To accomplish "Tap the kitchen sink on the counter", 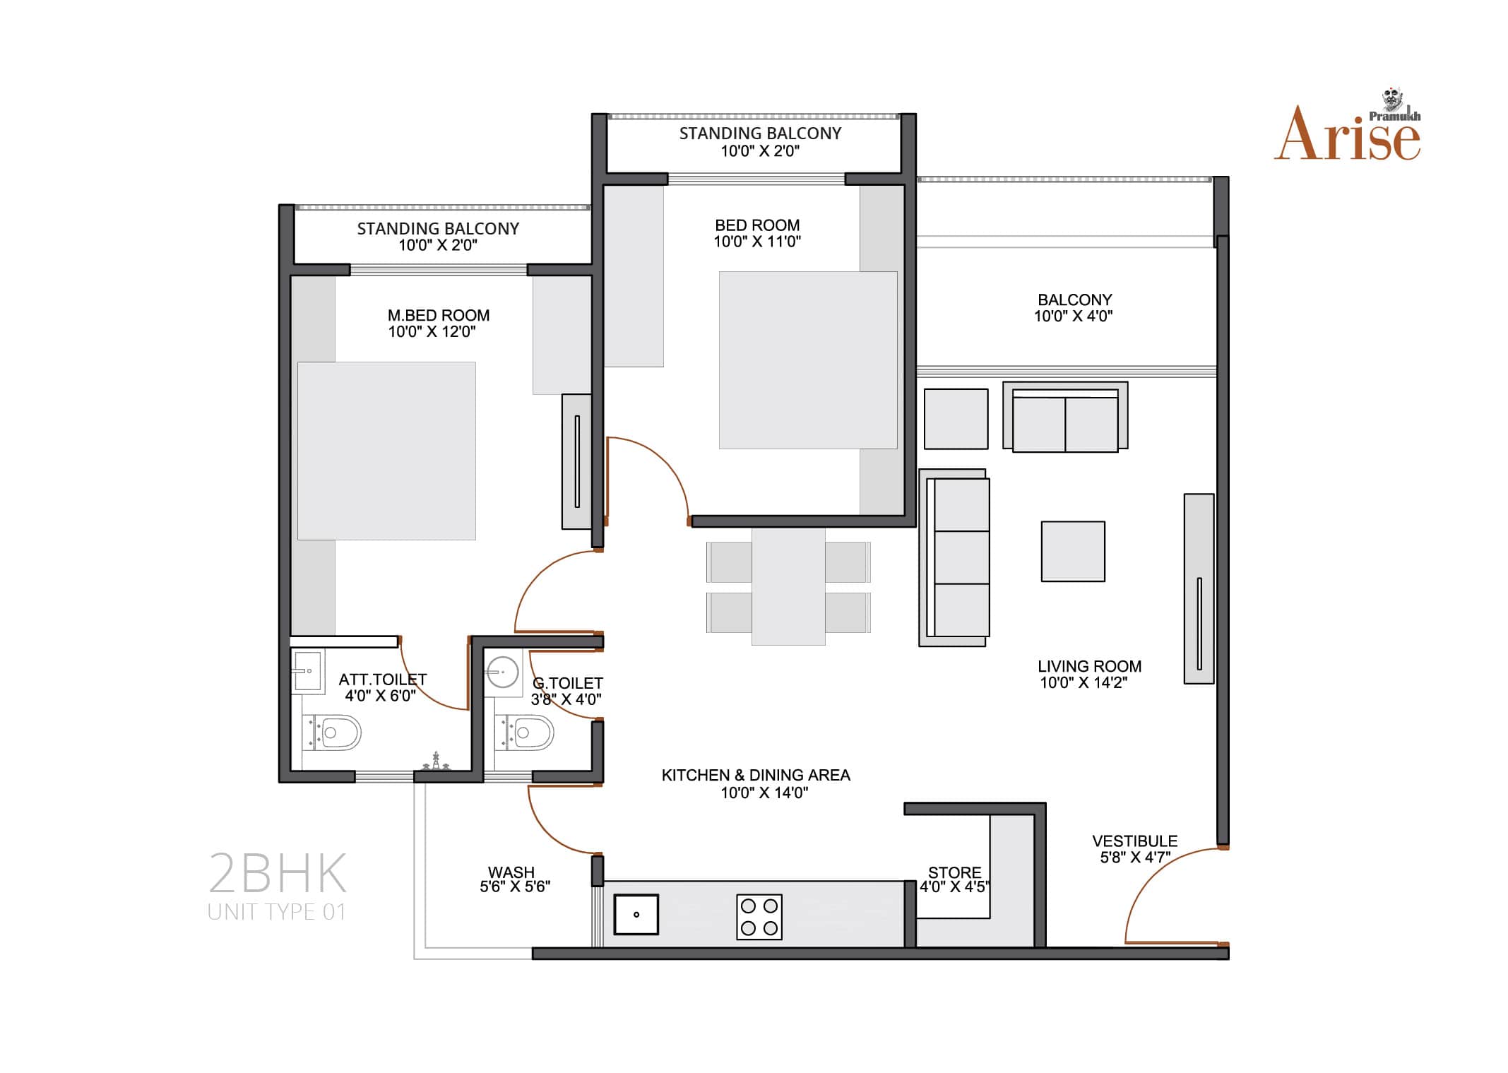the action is pos(636,914).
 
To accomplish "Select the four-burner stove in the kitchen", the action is pos(759,917).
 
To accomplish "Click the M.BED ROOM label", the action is pos(438,315).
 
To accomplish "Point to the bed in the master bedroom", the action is pos(386,451).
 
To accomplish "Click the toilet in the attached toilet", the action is pos(332,733).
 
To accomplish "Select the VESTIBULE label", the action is pos(1135,841).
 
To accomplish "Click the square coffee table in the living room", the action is pos(1073,551).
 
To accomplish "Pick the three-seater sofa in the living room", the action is pos(954,557).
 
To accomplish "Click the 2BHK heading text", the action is pos(278,873).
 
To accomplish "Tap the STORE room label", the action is pos(954,872).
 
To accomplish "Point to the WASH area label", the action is pos(511,872).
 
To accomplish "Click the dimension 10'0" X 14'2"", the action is pos(1083,682).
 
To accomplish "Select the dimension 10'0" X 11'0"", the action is pos(757,242).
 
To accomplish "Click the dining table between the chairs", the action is pos(788,586).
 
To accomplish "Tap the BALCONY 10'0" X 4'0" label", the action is pos(1074,308).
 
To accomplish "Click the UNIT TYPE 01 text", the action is pos(277,912).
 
